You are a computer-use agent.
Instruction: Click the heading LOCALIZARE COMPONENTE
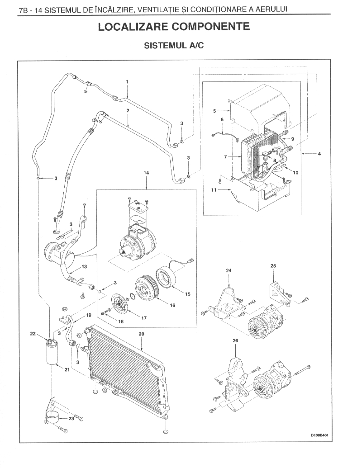coord(174,27)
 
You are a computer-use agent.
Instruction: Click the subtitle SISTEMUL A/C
coord(174,45)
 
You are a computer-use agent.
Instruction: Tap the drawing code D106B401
coord(319,435)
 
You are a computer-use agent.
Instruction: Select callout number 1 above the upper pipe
coord(127,81)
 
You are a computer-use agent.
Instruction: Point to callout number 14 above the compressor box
coord(146,173)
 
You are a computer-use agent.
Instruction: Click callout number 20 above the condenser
coord(141,334)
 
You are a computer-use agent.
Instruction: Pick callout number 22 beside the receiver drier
coord(33,334)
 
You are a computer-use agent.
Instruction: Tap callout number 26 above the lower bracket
coord(235,340)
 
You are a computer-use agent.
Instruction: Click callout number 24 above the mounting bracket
coord(229,271)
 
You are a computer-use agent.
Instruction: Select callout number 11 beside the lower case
coord(214,190)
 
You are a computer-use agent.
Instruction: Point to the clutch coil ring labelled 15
coord(166,278)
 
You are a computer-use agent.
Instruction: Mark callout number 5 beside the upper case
coord(214,111)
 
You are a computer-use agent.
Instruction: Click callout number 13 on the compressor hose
coord(85,266)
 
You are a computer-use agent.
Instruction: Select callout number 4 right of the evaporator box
coord(319,154)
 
